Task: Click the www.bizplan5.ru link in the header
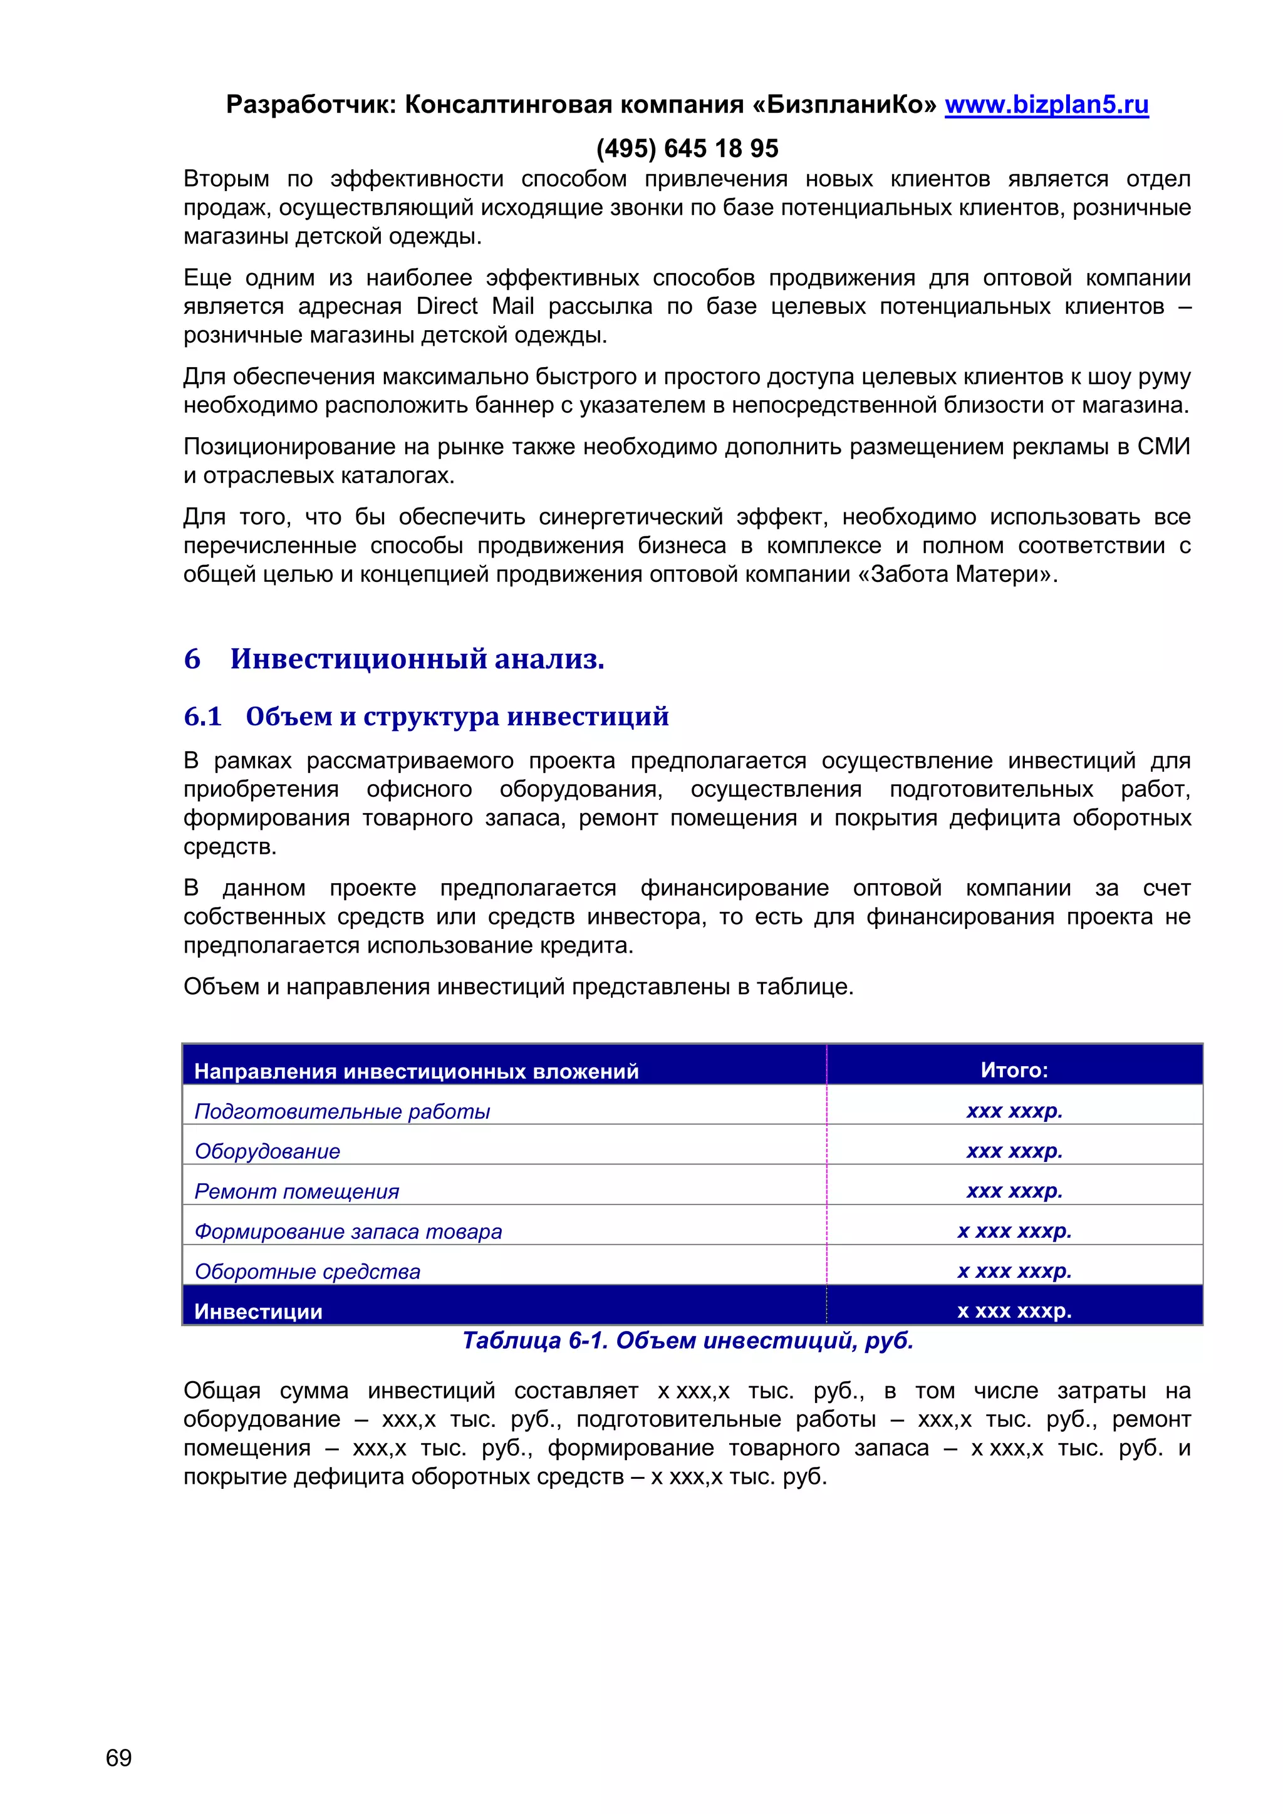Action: click(x=1046, y=105)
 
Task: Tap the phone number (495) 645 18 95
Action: click(x=687, y=148)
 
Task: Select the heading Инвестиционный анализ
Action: click(x=417, y=659)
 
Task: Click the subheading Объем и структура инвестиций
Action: click(x=457, y=717)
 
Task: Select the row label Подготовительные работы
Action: click(x=342, y=1112)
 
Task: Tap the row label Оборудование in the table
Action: click(x=267, y=1151)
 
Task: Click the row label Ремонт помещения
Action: click(x=297, y=1191)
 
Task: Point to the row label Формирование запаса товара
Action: click(x=348, y=1231)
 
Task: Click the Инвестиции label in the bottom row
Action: click(x=258, y=1312)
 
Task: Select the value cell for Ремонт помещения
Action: click(x=1014, y=1191)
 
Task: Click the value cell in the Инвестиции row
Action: click(x=1014, y=1311)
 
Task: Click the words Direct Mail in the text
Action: click(x=475, y=306)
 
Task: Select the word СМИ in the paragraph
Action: click(x=1163, y=447)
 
